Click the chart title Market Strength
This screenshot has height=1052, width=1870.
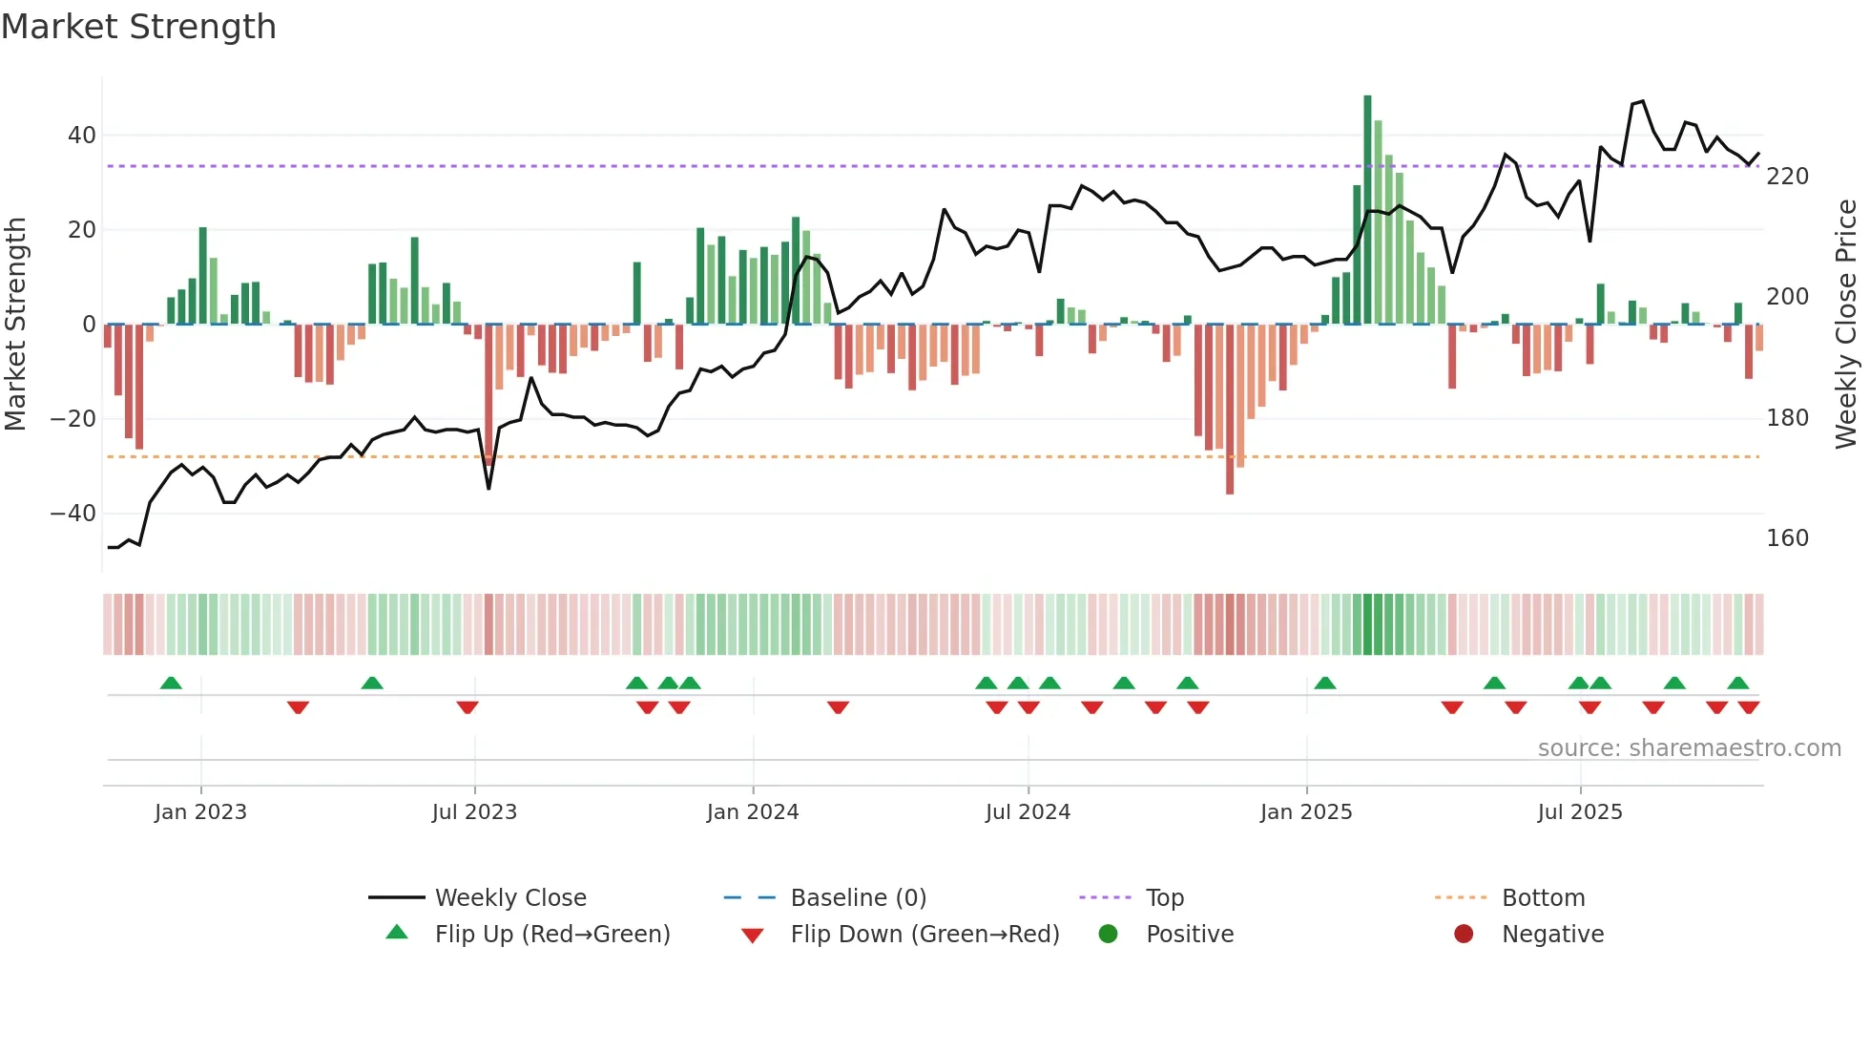coord(138,27)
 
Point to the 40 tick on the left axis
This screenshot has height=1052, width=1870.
coord(81,136)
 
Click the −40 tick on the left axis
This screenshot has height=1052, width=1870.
coord(73,514)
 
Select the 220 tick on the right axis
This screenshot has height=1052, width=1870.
coord(1787,177)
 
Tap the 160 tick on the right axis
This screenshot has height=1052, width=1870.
coord(1787,538)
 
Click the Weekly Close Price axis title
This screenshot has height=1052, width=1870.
coord(1846,325)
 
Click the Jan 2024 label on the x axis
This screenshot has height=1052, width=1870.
coord(752,812)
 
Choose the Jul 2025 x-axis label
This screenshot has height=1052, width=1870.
coord(1579,812)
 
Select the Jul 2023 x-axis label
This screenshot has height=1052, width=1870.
coord(474,812)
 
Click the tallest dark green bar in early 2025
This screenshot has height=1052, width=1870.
coord(1367,210)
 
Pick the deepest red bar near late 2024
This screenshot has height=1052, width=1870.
coord(1230,410)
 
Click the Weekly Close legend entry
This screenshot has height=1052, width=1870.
coord(510,898)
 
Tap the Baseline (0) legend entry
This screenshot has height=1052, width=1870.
coord(858,898)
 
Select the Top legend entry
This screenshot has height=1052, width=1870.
coord(1164,898)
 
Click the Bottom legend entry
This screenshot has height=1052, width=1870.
coord(1543,898)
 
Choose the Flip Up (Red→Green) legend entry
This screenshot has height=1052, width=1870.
coord(551,935)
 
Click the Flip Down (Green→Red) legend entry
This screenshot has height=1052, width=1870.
coord(924,935)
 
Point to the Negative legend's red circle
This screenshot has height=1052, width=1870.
coord(1464,934)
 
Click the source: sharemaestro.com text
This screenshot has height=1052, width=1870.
coord(1689,748)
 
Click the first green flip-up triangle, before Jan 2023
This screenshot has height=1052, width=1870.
coord(171,684)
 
